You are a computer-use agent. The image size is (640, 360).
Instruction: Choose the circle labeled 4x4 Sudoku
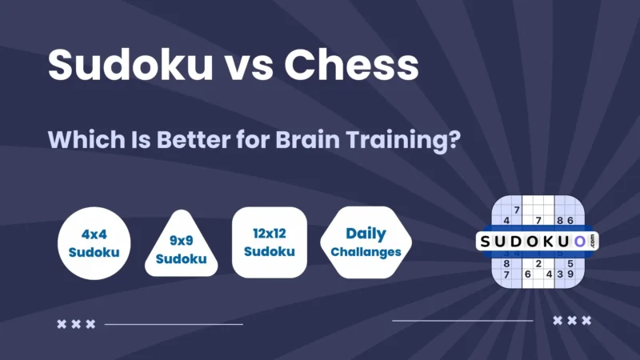(94, 243)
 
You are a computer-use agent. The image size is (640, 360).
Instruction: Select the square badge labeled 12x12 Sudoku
(269, 242)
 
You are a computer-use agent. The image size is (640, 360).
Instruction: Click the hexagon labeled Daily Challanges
(366, 242)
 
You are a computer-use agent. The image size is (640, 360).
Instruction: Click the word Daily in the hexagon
(366, 234)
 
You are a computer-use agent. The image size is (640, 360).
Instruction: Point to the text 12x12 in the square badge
(269, 234)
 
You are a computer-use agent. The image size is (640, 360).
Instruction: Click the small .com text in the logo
(593, 240)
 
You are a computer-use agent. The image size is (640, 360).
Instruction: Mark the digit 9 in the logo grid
(571, 274)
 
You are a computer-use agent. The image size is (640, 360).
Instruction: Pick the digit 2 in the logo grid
(538, 262)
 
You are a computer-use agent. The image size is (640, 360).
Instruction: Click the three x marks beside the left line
(76, 324)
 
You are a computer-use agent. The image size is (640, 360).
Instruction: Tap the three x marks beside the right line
(572, 320)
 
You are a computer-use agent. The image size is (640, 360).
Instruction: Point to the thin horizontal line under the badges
(174, 324)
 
